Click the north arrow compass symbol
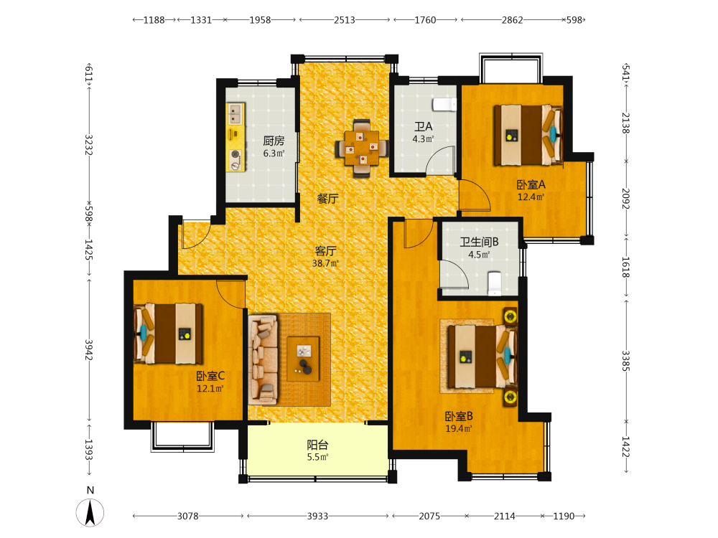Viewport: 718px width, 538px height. [x=90, y=512]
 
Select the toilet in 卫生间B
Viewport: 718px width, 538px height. [x=495, y=283]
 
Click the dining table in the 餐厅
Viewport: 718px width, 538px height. [x=362, y=148]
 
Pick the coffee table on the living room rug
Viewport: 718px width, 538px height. [x=303, y=359]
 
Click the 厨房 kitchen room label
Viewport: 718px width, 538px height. [x=274, y=141]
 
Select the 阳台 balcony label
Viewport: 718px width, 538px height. [x=317, y=445]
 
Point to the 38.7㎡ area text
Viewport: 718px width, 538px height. [x=325, y=263]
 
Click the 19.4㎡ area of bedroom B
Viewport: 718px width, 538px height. [x=458, y=429]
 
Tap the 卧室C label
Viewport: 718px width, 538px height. [x=210, y=376]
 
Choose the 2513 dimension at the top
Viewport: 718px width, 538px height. [x=345, y=20]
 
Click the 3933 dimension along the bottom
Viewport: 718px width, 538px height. [x=317, y=516]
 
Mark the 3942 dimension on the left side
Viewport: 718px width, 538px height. [x=89, y=350]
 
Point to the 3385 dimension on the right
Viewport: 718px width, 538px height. [x=626, y=361]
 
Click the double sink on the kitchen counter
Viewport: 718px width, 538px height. [x=236, y=114]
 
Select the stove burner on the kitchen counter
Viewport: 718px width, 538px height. [x=236, y=155]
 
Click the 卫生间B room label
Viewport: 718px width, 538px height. [x=479, y=242]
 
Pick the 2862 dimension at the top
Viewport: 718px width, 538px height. [x=512, y=20]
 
